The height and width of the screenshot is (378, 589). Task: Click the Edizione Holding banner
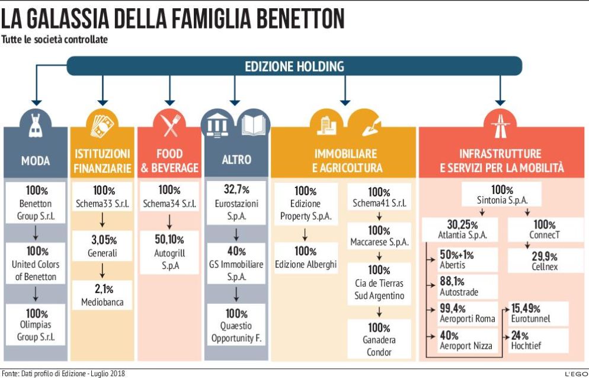click(294, 66)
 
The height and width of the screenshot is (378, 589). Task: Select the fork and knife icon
click(169, 123)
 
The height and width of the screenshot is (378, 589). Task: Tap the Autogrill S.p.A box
click(169, 253)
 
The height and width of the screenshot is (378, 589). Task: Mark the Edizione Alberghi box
click(305, 258)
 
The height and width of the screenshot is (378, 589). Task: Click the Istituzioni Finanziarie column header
click(103, 160)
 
